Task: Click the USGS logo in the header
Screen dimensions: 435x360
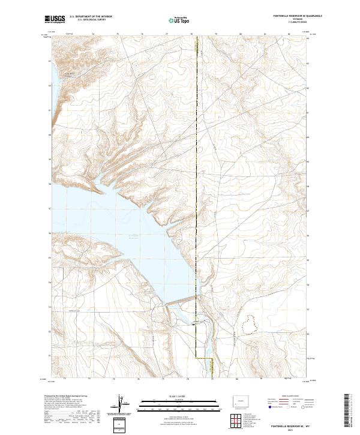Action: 55,19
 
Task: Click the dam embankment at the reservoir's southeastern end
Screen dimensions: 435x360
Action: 180,304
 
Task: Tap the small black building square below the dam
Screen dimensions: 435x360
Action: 193,323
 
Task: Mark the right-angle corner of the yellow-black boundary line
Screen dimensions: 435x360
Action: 212,358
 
